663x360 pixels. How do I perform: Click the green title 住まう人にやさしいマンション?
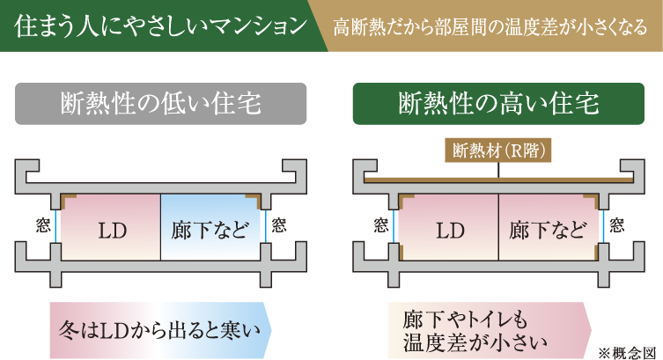(x=160, y=26)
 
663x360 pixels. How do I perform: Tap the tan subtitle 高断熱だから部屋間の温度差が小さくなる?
(x=490, y=26)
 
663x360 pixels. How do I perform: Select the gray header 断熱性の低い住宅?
(x=160, y=104)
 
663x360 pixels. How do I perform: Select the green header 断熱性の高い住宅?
(x=498, y=104)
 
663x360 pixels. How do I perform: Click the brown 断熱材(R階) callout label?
(x=498, y=151)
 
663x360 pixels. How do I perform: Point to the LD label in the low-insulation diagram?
(x=113, y=231)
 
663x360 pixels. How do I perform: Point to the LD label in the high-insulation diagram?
(x=450, y=231)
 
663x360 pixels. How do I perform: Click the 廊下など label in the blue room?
(x=210, y=231)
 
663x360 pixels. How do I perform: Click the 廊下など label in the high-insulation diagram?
(x=548, y=231)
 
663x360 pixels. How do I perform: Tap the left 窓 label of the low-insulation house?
(x=43, y=225)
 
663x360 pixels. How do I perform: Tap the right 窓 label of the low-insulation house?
(x=278, y=225)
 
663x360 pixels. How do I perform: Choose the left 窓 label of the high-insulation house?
(x=381, y=225)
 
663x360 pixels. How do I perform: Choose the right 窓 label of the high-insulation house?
(x=617, y=225)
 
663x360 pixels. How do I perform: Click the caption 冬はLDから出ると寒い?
(x=160, y=330)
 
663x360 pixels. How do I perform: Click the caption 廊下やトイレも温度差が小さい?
(x=475, y=331)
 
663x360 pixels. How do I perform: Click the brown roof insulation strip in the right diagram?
(x=498, y=180)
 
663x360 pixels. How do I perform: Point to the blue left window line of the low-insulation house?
(x=55, y=226)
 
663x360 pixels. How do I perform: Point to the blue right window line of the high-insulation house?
(x=603, y=226)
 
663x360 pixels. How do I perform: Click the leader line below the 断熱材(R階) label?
(x=498, y=170)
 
